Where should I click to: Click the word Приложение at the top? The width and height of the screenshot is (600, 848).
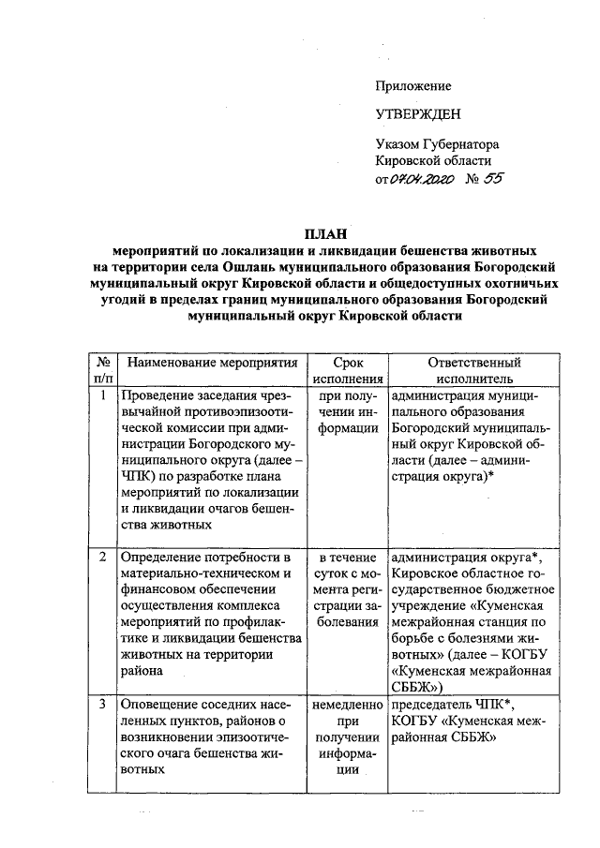coord(412,85)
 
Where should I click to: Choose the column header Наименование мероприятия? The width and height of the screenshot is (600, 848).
coord(212,363)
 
